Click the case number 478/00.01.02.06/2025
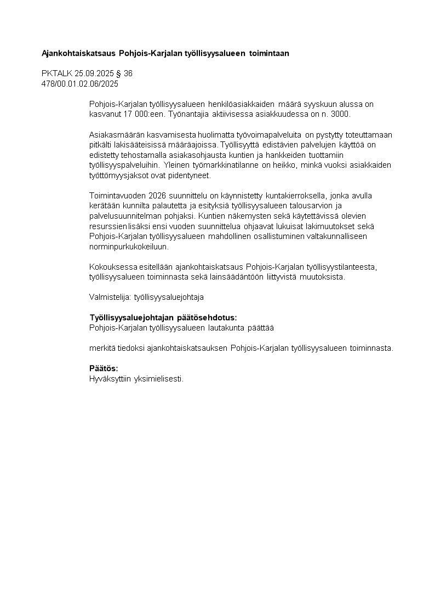pyautogui.click(x=80, y=84)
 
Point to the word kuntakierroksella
pyautogui.click(x=297, y=196)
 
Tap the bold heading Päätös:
pyautogui.click(x=104, y=368)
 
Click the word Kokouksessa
pyautogui.click(x=111, y=267)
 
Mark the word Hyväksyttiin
pyautogui.click(x=107, y=379)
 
